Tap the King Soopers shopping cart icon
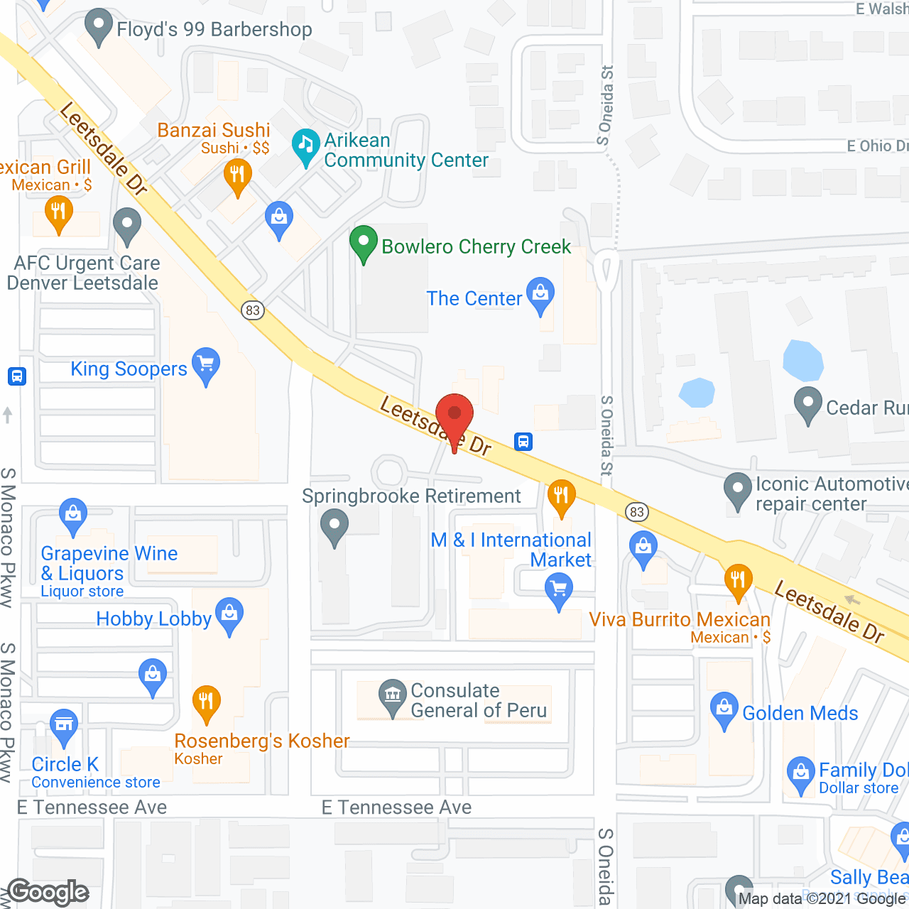click(x=206, y=365)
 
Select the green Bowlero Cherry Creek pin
click(x=364, y=243)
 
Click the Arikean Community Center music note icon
click(x=306, y=146)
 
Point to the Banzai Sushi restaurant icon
click(x=237, y=175)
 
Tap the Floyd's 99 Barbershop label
click(x=214, y=30)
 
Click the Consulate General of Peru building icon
click(x=392, y=695)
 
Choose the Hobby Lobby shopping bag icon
click(x=229, y=614)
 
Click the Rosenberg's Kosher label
click(x=261, y=741)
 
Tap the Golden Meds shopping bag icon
click(x=724, y=709)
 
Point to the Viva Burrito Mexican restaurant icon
click(x=738, y=580)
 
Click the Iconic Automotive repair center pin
click(x=738, y=489)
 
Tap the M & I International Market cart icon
click(x=559, y=590)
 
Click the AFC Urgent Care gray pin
click(x=127, y=224)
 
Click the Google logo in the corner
click(x=48, y=892)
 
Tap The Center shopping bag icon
click(x=540, y=294)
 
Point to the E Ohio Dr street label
click(x=876, y=146)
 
